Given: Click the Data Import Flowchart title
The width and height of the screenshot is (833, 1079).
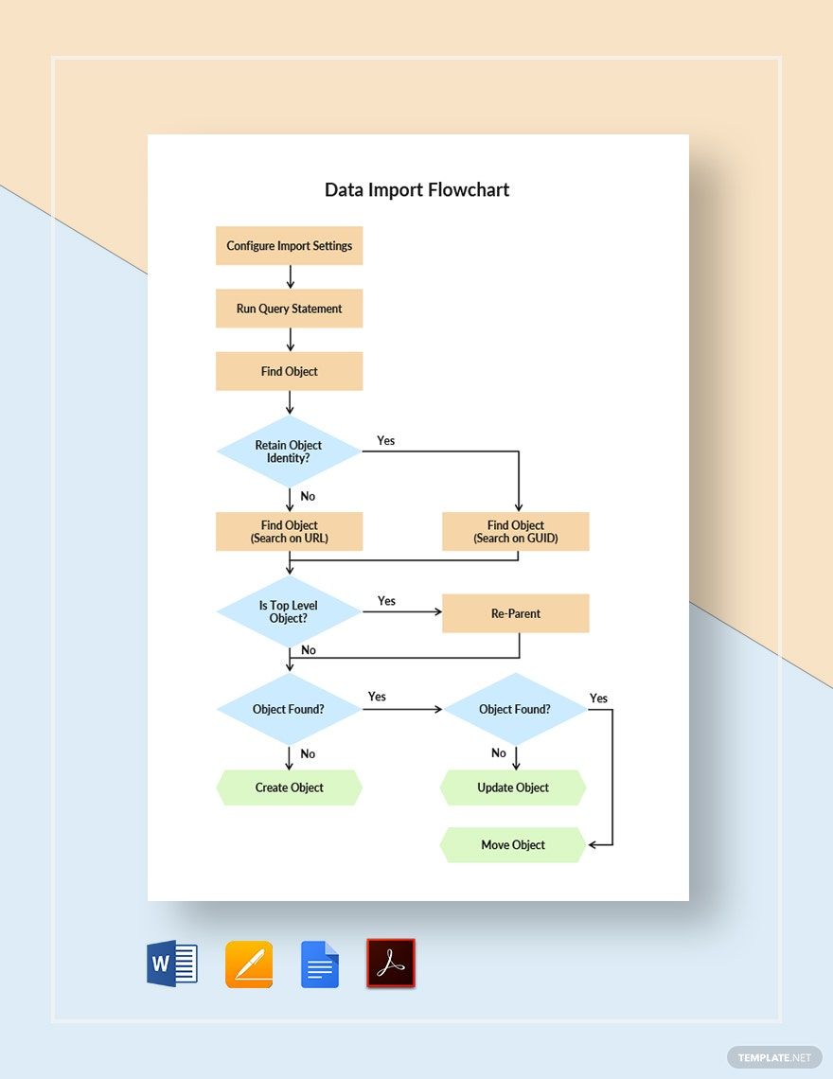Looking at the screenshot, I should [x=416, y=189].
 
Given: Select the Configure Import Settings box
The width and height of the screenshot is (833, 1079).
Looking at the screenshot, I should [x=289, y=246].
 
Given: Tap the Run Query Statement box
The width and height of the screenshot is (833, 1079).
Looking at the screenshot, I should [x=289, y=309].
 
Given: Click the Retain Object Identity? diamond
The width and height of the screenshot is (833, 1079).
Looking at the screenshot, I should [x=289, y=451].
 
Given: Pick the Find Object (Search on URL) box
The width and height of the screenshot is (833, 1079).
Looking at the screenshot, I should [x=289, y=532].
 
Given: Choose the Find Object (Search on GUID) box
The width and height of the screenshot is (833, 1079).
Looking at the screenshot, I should [x=516, y=532].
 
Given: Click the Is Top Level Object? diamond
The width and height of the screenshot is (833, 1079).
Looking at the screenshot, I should [x=289, y=612].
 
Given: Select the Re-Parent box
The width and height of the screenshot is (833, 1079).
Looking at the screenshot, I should [x=516, y=613].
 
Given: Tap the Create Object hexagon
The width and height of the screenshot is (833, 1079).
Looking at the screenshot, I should [x=289, y=787].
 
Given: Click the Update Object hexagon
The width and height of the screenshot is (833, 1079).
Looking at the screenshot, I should [x=513, y=787].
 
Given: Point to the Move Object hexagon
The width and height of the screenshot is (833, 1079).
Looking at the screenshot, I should [x=513, y=845].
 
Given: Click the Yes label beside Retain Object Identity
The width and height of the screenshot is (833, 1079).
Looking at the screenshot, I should [x=386, y=441].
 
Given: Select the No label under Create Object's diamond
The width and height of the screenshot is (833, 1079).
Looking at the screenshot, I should [x=308, y=754].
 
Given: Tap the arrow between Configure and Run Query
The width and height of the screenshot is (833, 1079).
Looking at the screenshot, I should [x=290, y=277].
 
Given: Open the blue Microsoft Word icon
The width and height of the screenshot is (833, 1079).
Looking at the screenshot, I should [x=172, y=964].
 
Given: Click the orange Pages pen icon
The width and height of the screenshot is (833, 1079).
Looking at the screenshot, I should [x=249, y=964].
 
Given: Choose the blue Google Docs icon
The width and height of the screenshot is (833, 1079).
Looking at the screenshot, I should [x=320, y=964].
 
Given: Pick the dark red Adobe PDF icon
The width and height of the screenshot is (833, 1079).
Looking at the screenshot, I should [x=391, y=964].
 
